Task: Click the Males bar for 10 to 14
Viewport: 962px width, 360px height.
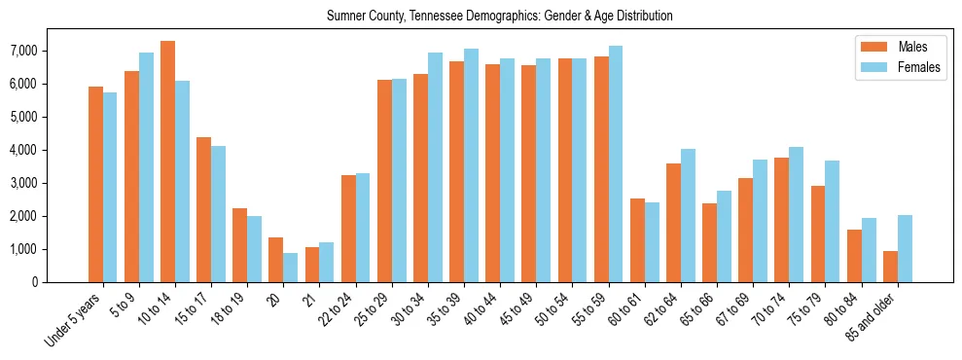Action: pyautogui.click(x=167, y=162)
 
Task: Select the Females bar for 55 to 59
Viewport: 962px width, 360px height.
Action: pyautogui.click(x=615, y=163)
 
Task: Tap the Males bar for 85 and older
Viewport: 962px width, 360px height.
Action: pyautogui.click(x=889, y=267)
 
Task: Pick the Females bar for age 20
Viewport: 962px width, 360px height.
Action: pyautogui.click(x=290, y=268)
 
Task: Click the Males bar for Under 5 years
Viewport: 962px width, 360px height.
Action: pyautogui.click(x=95, y=185)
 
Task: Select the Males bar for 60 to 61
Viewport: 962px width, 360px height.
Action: pyautogui.click(x=636, y=240)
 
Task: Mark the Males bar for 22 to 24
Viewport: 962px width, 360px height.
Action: pyautogui.click(x=348, y=229)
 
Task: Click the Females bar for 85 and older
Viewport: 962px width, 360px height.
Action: pyautogui.click(x=904, y=248)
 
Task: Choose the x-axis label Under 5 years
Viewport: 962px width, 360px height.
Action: pyautogui.click(x=77, y=320)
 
